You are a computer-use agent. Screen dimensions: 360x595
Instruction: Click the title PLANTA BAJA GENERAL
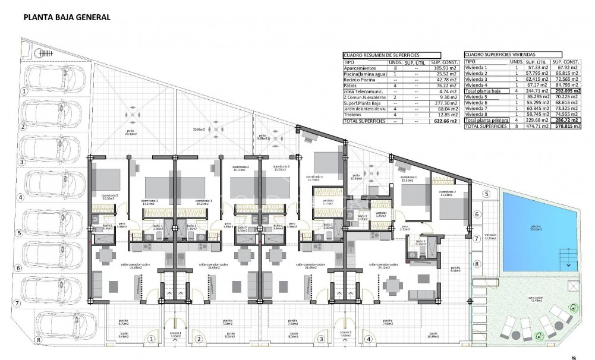[67, 18]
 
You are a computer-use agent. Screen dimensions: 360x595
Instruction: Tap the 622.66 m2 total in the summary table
[445, 121]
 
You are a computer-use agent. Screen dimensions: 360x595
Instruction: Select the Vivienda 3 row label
[476, 79]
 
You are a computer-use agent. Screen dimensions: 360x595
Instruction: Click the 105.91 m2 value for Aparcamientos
[445, 68]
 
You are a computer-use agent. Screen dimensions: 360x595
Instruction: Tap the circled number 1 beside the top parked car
[24, 91]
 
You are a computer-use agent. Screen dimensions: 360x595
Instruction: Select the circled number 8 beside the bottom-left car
[39, 340]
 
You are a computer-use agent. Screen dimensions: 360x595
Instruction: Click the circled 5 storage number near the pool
[486, 194]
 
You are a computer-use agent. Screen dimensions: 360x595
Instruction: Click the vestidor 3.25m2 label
[381, 214]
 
